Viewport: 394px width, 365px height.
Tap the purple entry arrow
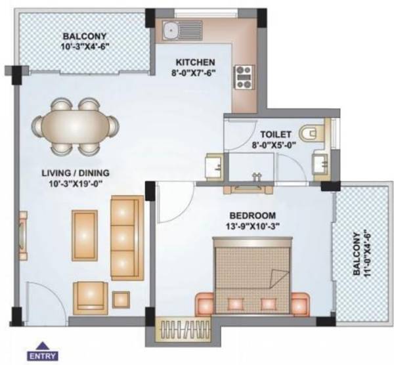coord(42,345)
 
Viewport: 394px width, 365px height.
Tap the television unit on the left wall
coord(24,233)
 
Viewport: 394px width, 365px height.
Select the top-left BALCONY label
coord(81,36)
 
